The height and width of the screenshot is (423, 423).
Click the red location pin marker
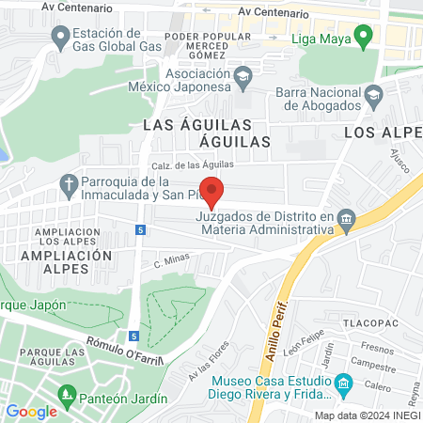tap(212, 191)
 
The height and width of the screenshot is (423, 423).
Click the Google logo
tap(31, 411)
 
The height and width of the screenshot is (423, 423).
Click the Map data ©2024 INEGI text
tap(367, 415)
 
